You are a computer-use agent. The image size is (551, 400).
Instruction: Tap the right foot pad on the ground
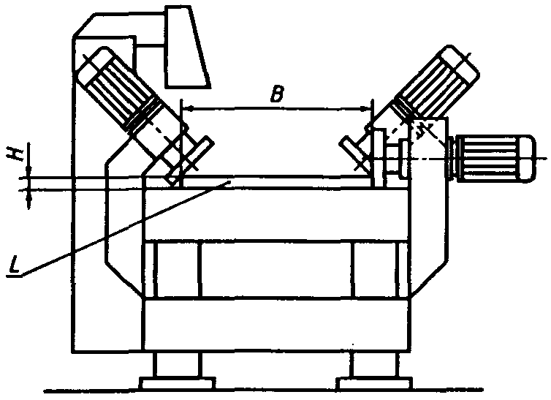[x=373, y=382]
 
